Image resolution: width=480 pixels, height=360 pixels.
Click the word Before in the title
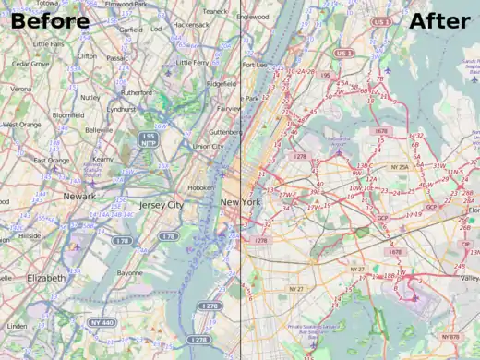tap(51, 21)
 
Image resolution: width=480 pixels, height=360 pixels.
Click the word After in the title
tap(439, 21)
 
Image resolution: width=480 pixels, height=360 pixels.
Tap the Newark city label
tap(79, 197)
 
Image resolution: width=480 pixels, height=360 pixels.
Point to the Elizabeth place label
tap(33, 278)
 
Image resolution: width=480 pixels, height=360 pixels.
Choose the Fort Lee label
tap(255, 66)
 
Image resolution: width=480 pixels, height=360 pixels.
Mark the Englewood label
tap(252, 17)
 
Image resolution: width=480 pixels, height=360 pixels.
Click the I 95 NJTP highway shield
tap(148, 139)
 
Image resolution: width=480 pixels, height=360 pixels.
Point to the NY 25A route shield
tap(399, 167)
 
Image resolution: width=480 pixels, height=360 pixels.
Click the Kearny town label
tap(102, 160)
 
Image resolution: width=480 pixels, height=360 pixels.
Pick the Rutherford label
tap(136, 92)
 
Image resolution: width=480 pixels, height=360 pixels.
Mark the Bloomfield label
tap(67, 115)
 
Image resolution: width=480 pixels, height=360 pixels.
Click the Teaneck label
tap(214, 11)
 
